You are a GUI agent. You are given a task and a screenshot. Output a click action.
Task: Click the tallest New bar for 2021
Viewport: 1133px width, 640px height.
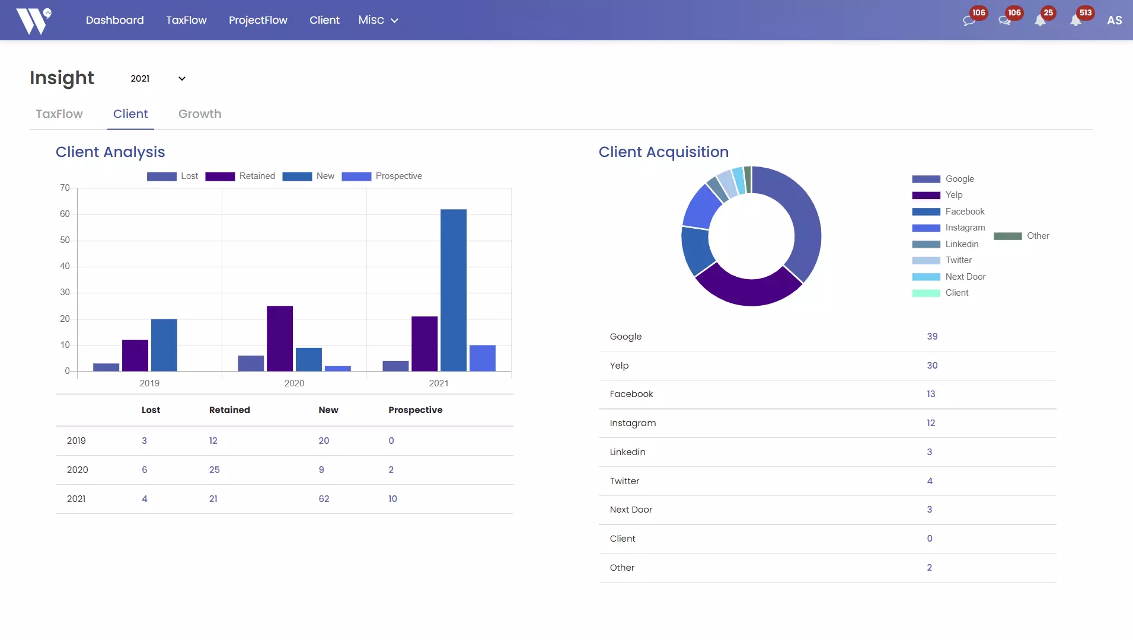tap(453, 290)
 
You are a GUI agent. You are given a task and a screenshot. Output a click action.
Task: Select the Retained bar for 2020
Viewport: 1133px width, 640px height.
tap(280, 338)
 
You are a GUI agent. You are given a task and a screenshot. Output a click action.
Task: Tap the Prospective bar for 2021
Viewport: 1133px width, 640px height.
tap(482, 358)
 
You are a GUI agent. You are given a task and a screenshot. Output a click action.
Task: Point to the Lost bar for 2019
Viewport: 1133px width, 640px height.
tap(106, 367)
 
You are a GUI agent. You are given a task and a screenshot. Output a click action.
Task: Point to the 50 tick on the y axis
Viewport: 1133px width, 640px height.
tap(65, 240)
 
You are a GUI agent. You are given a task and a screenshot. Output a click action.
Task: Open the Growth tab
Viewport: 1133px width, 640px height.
tap(200, 114)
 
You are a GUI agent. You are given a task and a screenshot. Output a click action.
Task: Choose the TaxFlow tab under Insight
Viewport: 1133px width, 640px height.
tap(59, 114)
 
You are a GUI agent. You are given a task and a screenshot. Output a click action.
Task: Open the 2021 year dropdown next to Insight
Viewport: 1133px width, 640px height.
tap(158, 79)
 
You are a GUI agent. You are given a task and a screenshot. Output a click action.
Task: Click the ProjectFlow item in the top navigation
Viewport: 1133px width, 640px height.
tap(258, 20)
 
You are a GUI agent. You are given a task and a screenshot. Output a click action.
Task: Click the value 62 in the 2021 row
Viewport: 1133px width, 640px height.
tap(324, 499)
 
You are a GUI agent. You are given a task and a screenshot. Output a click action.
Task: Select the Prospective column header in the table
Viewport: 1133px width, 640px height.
tap(415, 410)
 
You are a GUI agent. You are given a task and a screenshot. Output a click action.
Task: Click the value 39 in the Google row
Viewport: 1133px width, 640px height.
tap(932, 337)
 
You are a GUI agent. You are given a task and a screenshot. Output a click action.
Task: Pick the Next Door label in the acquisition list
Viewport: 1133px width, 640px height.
tap(631, 510)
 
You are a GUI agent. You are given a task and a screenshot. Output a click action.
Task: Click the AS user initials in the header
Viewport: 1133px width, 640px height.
tap(1114, 20)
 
